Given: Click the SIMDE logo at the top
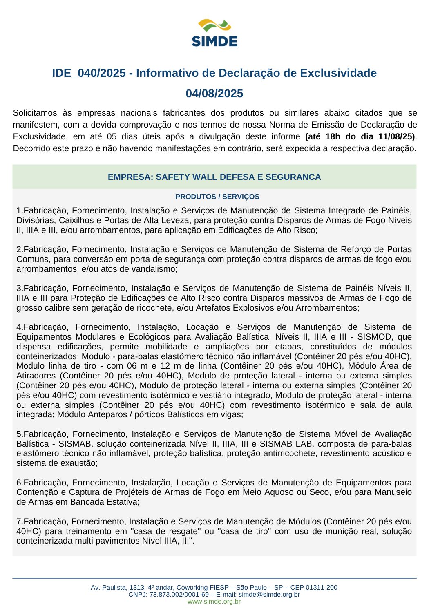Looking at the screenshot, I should (214, 33).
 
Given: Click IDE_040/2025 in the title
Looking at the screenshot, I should (89, 73).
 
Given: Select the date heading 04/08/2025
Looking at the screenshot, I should (214, 94).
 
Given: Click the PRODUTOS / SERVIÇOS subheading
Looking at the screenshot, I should (217, 197).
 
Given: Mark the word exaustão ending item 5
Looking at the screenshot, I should (81, 463).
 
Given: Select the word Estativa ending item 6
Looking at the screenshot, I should (122, 502).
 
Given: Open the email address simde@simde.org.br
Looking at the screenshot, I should (269, 595).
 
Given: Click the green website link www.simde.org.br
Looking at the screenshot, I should (214, 602).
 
